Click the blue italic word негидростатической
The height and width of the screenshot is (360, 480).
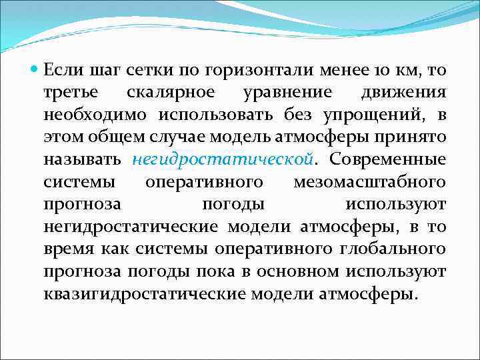click(x=222, y=159)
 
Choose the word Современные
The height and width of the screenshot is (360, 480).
click(x=388, y=159)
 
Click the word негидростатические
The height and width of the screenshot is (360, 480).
click(x=130, y=227)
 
